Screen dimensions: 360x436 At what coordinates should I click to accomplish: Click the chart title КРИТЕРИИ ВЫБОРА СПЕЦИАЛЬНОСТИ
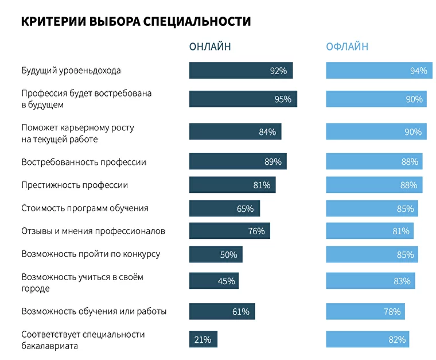136,21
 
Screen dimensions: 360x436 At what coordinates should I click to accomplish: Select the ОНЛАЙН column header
210,47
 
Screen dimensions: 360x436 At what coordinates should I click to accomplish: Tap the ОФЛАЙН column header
347,47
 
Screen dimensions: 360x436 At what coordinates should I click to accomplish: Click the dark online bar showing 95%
243,99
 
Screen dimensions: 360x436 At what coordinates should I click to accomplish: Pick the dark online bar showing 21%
203,339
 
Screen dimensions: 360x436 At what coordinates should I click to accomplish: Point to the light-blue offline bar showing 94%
377,71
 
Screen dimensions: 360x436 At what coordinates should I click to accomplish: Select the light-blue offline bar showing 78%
365,312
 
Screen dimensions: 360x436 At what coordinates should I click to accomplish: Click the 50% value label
228,254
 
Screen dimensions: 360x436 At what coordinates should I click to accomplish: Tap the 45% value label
226,281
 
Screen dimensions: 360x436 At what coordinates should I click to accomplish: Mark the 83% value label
402,281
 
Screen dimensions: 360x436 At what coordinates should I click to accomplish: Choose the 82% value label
397,339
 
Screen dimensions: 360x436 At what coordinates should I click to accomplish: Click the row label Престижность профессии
75,185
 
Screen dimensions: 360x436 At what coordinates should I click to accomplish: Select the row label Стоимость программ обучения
85,208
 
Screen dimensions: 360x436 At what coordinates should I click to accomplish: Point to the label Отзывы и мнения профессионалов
93,231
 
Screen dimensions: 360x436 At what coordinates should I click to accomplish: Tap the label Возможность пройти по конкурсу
91,254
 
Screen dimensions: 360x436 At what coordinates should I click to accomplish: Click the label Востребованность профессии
84,162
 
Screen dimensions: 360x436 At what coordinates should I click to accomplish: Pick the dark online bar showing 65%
224,208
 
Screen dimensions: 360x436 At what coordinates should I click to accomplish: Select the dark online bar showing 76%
229,231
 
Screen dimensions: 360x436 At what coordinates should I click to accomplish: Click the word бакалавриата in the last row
49,346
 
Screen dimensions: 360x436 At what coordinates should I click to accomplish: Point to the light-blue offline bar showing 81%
369,231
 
